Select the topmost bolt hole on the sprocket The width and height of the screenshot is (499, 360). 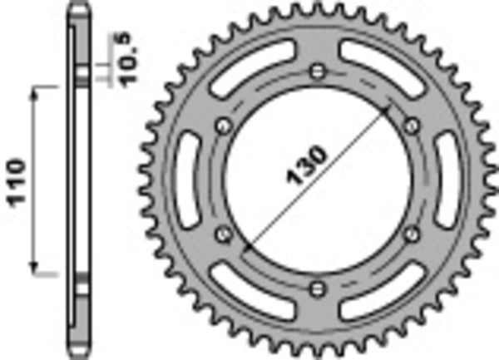(318, 70)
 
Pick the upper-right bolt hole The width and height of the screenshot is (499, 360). (411, 125)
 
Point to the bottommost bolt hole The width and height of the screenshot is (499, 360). (317, 288)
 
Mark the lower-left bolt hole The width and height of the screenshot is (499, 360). (223, 233)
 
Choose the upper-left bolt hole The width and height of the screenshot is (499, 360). (223, 126)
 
